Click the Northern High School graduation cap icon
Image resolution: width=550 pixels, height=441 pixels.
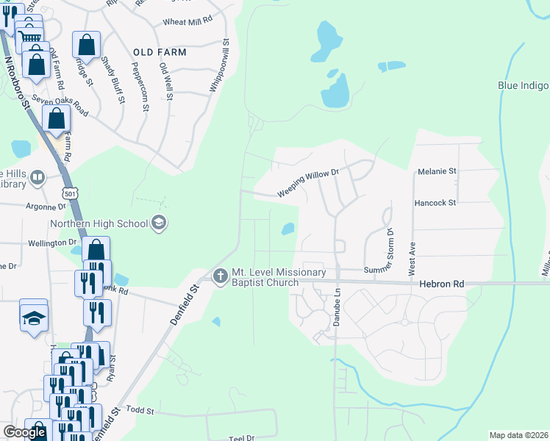coord(158,223)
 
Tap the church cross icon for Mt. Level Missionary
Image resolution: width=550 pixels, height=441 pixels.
coord(219,277)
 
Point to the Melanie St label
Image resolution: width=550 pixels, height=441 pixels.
coord(437,171)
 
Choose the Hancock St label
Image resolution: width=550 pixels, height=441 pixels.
coord(435,202)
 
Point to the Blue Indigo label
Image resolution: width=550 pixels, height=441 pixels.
coord(523,85)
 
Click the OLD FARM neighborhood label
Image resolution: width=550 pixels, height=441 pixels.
coord(160,53)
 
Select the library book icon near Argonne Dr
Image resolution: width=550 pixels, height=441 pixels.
coord(37,177)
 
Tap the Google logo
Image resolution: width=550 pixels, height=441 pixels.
coord(24,433)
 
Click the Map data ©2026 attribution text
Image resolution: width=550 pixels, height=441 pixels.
coord(518,435)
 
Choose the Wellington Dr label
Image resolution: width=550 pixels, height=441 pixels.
coord(52,242)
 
